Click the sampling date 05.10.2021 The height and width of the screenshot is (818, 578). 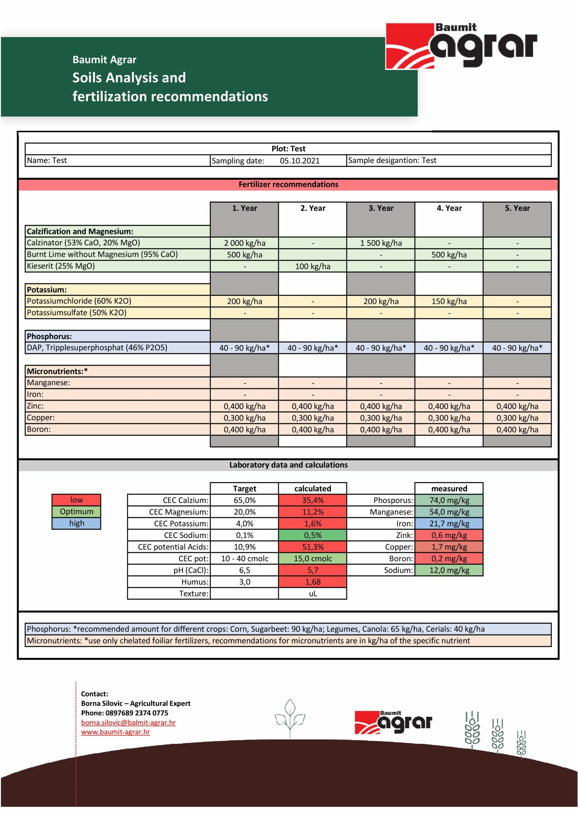pos(299,161)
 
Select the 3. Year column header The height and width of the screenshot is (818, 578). pos(381,208)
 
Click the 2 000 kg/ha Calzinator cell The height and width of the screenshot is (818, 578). pos(244,243)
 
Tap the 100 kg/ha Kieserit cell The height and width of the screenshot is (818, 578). pos(312,266)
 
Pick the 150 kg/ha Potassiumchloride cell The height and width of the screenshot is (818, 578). pos(449,301)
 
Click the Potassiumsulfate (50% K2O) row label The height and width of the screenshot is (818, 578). pos(77,313)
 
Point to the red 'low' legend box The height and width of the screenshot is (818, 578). pos(76,500)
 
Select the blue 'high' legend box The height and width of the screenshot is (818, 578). pos(76,523)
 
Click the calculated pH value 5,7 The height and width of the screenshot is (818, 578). pos(312,570)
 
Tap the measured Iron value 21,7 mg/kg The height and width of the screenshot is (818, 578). pos(449,523)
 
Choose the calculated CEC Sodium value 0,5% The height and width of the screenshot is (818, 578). pos(312,535)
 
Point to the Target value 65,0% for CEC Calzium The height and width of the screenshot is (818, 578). pos(244,500)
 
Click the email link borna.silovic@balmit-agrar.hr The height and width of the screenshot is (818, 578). pos(128,722)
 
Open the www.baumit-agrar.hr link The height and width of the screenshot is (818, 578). pos(115,732)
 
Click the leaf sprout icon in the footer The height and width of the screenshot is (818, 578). pos(290,718)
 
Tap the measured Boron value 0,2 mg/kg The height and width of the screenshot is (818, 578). pos(449,558)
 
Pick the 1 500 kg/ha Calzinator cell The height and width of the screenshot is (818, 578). pos(381,243)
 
